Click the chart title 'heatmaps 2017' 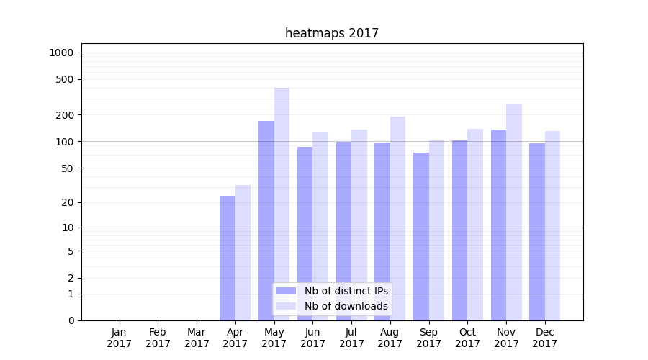click(331, 33)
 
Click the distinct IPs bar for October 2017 click(460, 230)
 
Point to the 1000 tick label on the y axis click(61, 53)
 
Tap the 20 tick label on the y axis click(68, 202)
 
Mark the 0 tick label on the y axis click(71, 320)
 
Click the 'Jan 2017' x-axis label click(119, 338)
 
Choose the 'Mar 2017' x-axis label click(197, 338)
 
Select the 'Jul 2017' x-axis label click(351, 338)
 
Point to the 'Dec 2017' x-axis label click(545, 338)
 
